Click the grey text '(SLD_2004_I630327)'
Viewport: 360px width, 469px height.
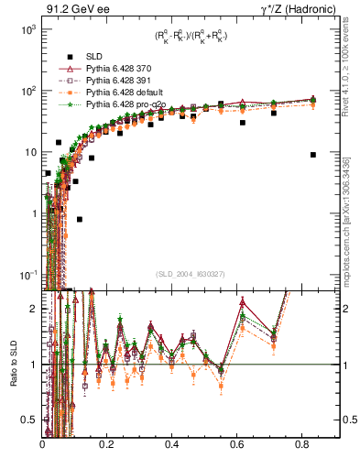pyautogui.click(x=191, y=273)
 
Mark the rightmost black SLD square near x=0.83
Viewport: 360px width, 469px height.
pyautogui.click(x=313, y=155)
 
